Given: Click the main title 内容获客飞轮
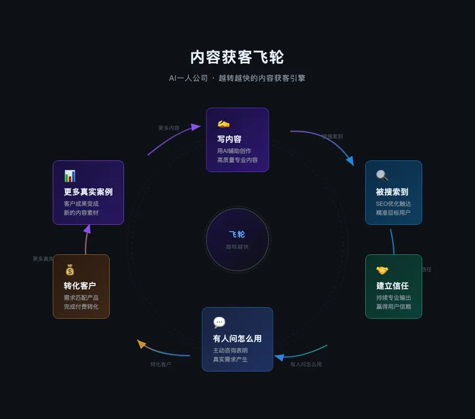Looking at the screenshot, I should point(237,57).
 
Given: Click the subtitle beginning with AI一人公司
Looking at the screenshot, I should point(237,78).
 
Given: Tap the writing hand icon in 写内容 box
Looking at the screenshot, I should point(223,123).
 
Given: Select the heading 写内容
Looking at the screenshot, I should point(229,139).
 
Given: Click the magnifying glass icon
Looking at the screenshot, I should point(382,176).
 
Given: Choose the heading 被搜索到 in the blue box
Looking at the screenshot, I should point(392,192).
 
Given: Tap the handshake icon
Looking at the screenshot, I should point(382,270).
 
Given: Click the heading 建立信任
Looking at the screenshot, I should point(392,286).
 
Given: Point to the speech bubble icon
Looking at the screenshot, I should point(219,322).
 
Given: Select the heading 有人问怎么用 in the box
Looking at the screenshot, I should point(237,339).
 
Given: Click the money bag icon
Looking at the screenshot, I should point(70,270).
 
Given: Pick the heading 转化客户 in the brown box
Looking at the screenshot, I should point(80,286).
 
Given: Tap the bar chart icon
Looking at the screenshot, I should point(70,176).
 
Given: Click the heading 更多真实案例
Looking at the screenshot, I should point(88,192).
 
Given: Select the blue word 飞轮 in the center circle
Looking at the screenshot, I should point(237,234).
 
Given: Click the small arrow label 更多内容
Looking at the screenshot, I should point(169,128).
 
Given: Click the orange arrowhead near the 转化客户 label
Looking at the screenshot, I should point(141,344).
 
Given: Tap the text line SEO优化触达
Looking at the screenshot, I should point(393,204).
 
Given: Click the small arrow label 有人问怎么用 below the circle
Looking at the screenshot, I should point(306,364).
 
